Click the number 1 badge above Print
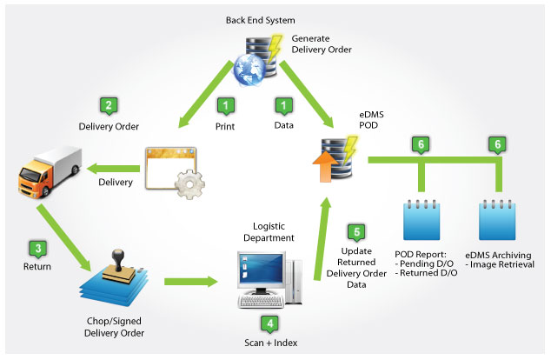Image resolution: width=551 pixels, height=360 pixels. click(x=226, y=106)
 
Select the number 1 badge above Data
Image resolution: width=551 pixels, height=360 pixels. click(x=283, y=106)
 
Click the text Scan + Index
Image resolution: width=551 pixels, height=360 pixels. click(x=269, y=343)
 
